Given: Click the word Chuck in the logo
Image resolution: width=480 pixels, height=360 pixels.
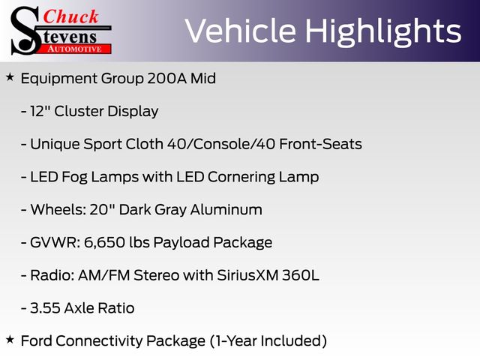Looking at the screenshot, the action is click(x=70, y=16).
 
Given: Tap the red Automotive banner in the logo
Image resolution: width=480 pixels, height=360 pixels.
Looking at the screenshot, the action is click(x=75, y=49).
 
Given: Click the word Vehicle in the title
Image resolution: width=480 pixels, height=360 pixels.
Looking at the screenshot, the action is click(x=240, y=31).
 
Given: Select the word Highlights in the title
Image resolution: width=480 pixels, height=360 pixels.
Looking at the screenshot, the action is click(x=383, y=31).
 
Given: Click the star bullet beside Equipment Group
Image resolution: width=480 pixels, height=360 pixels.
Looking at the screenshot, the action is click(x=10, y=77).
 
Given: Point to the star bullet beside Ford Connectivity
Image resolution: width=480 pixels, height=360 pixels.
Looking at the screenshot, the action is click(x=10, y=339).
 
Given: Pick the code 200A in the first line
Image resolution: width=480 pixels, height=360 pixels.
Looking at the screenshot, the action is click(x=166, y=78).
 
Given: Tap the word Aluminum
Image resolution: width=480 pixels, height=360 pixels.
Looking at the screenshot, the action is click(x=226, y=210).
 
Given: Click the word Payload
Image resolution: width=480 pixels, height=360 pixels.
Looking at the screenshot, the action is click(x=181, y=243).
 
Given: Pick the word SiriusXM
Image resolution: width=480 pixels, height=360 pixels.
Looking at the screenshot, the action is click(x=247, y=275).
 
